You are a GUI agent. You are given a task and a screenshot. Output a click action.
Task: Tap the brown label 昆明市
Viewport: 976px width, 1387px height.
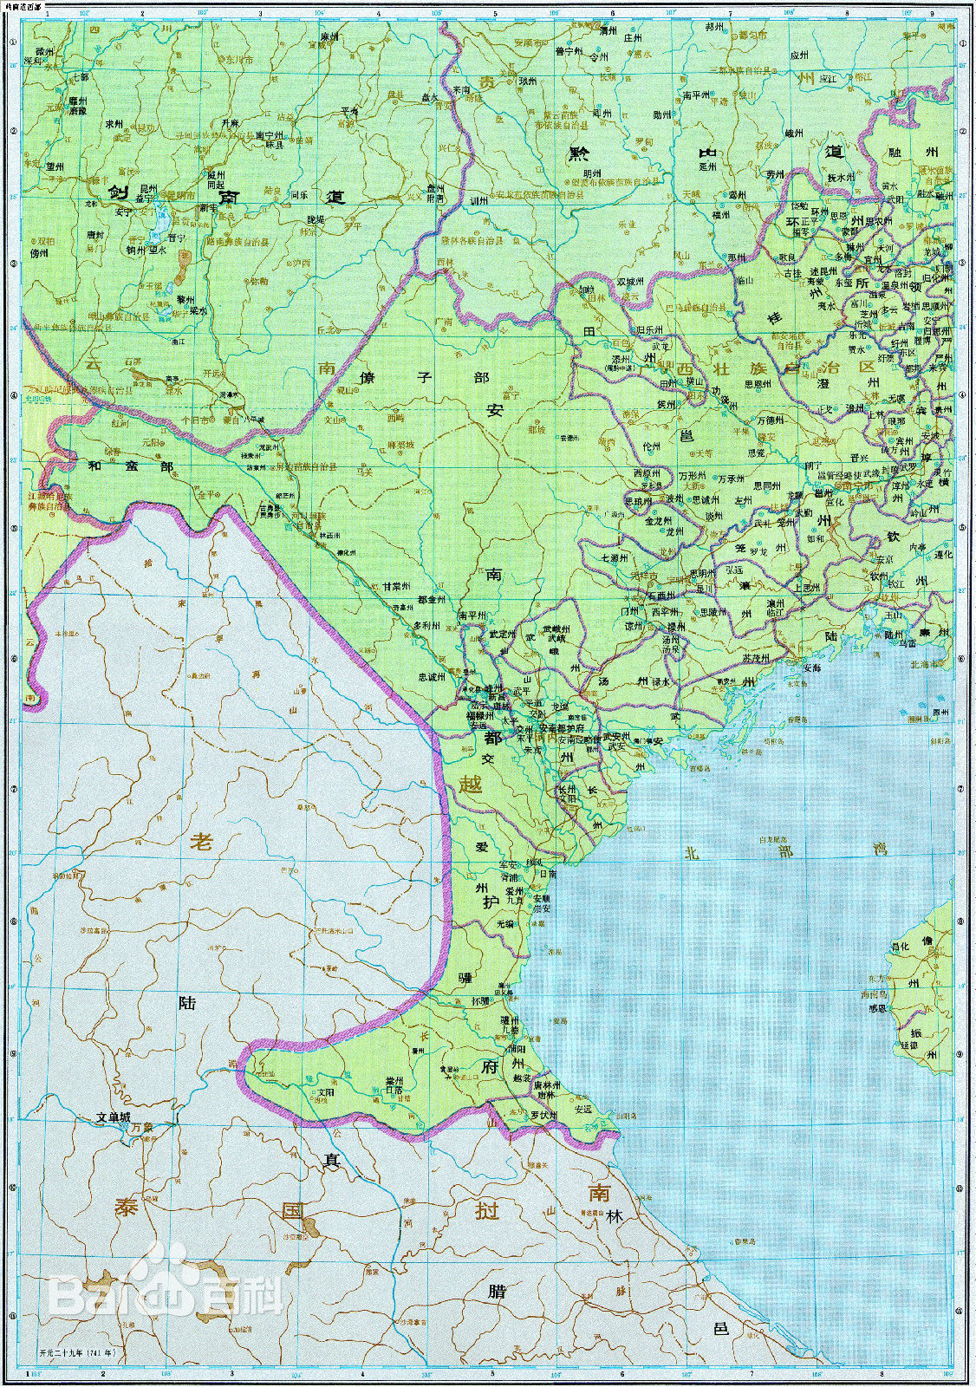click(182, 196)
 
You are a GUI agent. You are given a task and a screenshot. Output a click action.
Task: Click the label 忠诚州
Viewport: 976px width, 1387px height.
click(432, 676)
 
